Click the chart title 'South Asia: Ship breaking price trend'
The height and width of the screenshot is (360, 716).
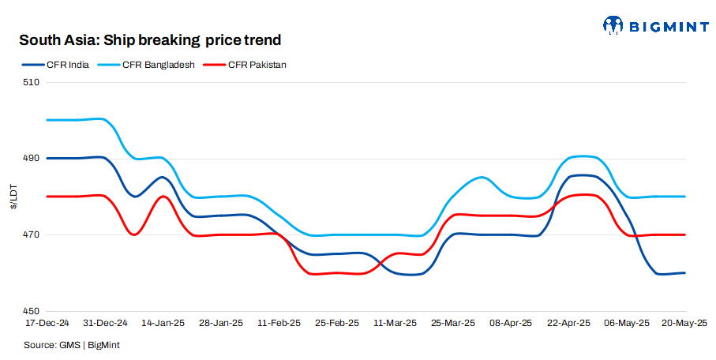150,39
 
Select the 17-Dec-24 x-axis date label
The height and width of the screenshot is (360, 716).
47,323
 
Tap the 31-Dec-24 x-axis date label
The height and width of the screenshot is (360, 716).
105,323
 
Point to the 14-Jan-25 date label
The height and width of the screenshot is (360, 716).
163,323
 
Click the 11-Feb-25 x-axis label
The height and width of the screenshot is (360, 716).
279,323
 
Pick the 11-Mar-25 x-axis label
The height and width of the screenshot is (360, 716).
395,323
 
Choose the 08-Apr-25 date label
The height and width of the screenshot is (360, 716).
512,323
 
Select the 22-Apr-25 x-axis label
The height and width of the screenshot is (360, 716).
569,323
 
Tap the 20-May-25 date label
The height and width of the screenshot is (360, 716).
684,323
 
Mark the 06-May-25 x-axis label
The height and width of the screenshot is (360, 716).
628,323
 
